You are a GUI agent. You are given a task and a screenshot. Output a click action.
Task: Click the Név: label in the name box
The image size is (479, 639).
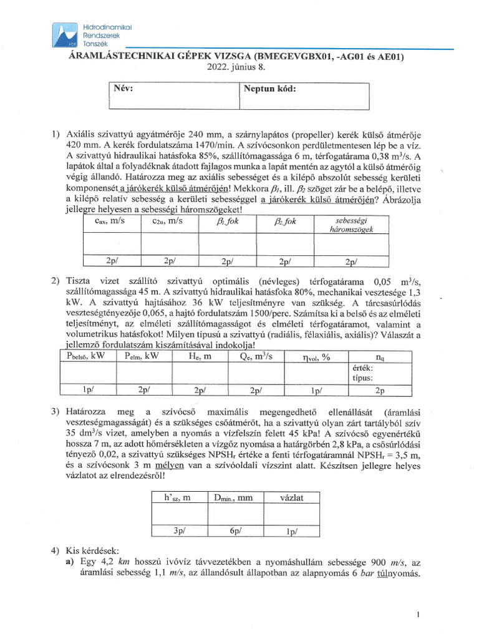click(x=123, y=89)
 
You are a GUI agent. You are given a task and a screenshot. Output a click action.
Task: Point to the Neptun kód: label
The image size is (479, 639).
click(x=269, y=89)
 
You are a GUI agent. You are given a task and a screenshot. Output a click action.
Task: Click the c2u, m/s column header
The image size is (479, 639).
click(x=167, y=221)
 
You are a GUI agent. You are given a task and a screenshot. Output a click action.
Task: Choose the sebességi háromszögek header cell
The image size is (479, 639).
click(x=351, y=225)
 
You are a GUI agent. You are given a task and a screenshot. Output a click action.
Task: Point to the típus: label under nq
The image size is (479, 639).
click(x=363, y=378)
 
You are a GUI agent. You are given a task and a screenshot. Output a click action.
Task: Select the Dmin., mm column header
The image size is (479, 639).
click(x=235, y=497)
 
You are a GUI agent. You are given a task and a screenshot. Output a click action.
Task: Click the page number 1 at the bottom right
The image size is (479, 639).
click(x=417, y=615)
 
